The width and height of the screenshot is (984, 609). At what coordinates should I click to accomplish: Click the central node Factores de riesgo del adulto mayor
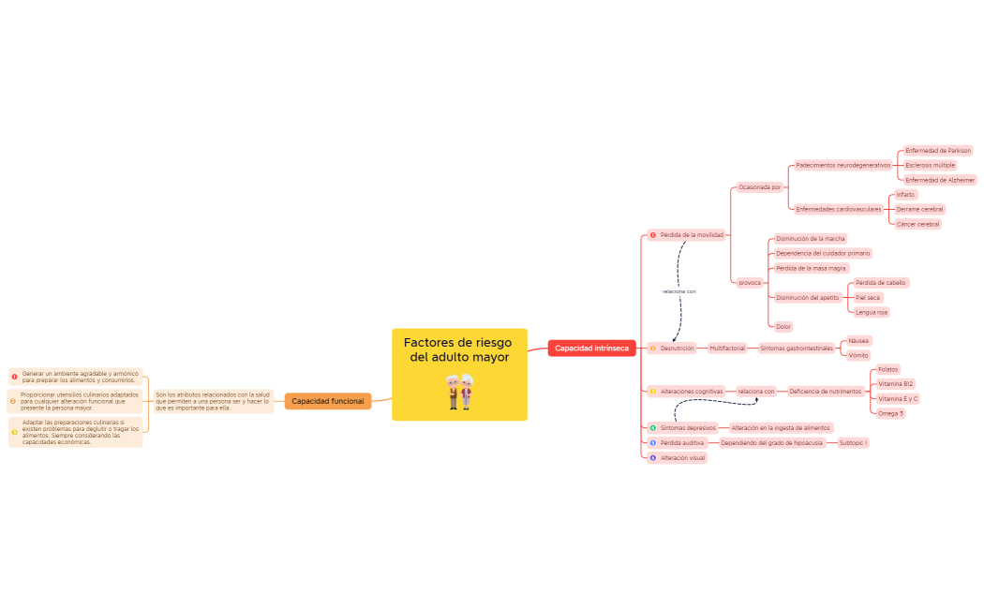(459, 350)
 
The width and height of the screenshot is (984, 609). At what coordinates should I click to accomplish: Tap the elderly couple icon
(459, 392)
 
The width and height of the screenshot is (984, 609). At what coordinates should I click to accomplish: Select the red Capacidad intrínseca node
(591, 349)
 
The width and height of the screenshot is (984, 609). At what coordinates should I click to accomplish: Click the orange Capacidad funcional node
(327, 401)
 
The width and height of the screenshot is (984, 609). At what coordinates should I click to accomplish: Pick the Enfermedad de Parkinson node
(937, 150)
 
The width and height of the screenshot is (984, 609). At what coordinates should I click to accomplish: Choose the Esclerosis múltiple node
(930, 165)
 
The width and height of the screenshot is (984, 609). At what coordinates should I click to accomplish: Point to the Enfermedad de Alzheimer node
(939, 180)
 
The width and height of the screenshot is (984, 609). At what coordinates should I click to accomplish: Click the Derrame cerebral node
(919, 209)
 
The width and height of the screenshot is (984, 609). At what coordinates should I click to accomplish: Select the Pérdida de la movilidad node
(691, 235)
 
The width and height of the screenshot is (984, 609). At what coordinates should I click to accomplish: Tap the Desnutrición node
(677, 348)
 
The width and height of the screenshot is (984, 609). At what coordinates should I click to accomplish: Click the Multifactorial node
(727, 348)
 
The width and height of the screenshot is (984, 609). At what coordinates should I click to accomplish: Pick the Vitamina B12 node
(896, 384)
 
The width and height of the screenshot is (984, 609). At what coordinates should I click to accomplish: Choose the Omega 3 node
(891, 413)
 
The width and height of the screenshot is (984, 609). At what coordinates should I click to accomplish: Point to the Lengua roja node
(872, 312)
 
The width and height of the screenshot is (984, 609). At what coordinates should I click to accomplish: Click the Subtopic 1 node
(853, 442)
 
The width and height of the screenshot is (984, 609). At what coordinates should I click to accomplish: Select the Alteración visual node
(682, 458)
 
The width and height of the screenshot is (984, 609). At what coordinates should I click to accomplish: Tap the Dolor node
(783, 327)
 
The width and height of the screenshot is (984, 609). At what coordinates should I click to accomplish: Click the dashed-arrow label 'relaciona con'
(678, 291)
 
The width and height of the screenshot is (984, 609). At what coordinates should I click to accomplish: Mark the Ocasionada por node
(759, 187)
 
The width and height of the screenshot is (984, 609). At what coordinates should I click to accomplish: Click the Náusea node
(858, 341)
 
